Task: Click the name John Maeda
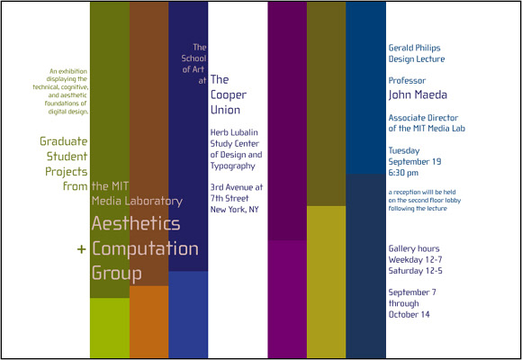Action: [x=418, y=94]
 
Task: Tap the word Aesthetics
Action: [x=136, y=223]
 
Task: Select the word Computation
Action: [x=145, y=248]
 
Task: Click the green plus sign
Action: [x=82, y=249]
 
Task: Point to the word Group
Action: [x=116, y=274]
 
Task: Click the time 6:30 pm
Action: [x=403, y=173]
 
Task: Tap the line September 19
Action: [x=415, y=161]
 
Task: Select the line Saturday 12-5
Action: [x=416, y=271]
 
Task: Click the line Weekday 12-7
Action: [x=416, y=259]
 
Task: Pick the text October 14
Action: [x=409, y=314]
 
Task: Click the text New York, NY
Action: [x=234, y=210]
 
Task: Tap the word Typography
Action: [x=233, y=166]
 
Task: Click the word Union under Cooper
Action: [x=225, y=110]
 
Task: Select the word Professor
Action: [x=407, y=81]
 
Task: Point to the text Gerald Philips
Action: [x=415, y=48]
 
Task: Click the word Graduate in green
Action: [x=64, y=141]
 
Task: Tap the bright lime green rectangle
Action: [x=110, y=328]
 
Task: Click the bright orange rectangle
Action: [x=148, y=322]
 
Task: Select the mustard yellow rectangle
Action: [x=326, y=282]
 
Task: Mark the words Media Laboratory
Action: [x=137, y=201]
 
